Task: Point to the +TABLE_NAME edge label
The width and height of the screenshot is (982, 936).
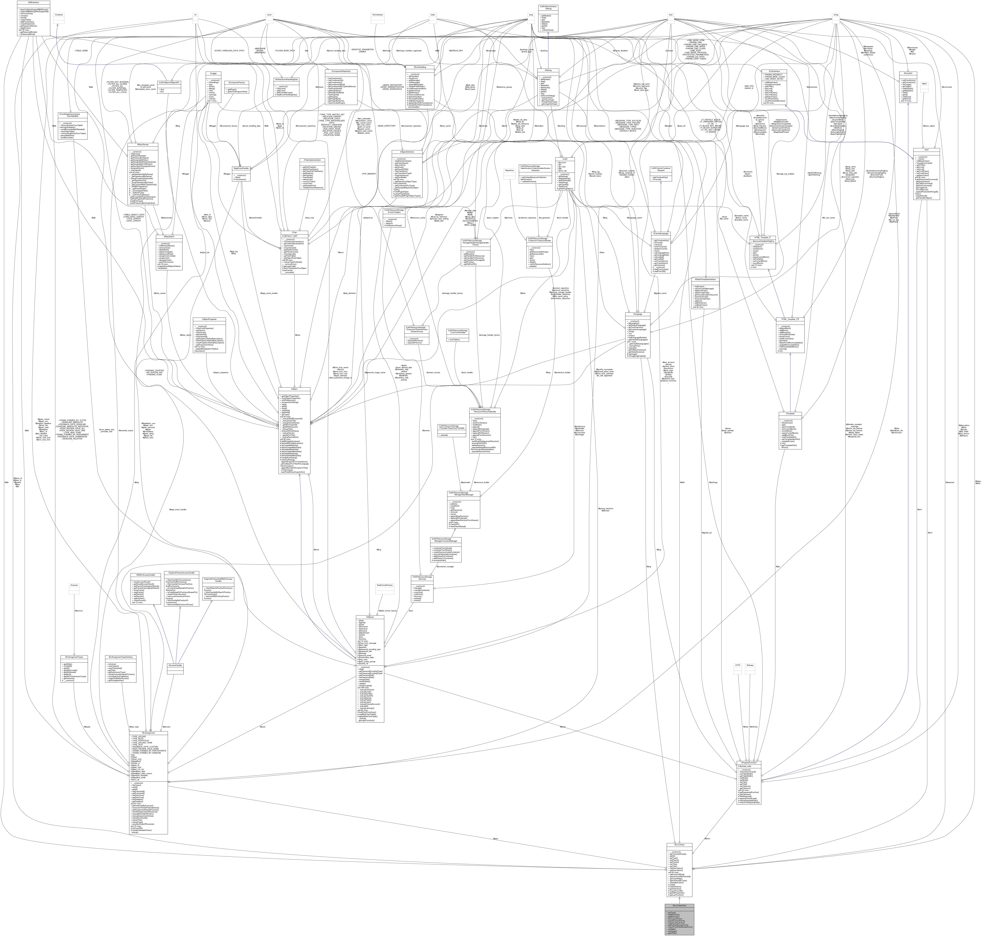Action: tap(81, 50)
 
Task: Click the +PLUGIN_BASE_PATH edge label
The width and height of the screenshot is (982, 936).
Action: tap(285, 50)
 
